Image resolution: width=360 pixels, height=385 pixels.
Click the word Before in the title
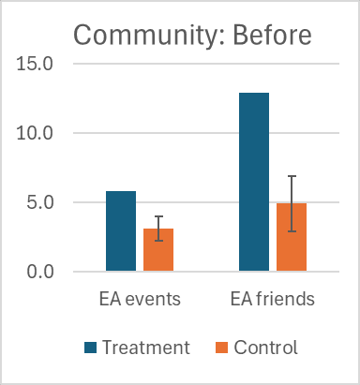(272, 35)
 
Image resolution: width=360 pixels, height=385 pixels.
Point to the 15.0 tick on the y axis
(35, 64)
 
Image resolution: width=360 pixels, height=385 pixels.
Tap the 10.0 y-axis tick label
(35, 133)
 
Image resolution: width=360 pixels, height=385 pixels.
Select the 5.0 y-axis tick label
(39, 202)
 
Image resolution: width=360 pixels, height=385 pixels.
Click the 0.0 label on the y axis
(39, 272)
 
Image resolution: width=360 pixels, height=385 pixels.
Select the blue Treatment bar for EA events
(121, 230)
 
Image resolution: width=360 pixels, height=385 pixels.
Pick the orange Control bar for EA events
(158, 249)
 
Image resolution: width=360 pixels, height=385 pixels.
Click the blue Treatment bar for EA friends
(254, 182)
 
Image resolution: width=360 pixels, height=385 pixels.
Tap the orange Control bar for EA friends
(292, 237)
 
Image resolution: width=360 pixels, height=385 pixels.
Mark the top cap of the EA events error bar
(158, 216)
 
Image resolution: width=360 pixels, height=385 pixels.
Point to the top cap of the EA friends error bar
(292, 176)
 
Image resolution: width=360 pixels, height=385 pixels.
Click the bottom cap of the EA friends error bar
(292, 231)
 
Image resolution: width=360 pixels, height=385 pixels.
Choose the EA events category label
(140, 299)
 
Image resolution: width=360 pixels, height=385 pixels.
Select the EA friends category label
(273, 299)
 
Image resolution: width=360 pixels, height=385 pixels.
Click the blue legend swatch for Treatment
(91, 348)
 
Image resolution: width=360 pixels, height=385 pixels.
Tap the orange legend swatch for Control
(222, 348)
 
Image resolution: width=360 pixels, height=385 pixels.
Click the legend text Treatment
(146, 348)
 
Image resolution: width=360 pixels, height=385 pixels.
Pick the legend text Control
(266, 348)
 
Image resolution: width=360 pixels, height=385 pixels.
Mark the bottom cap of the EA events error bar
(158, 241)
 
